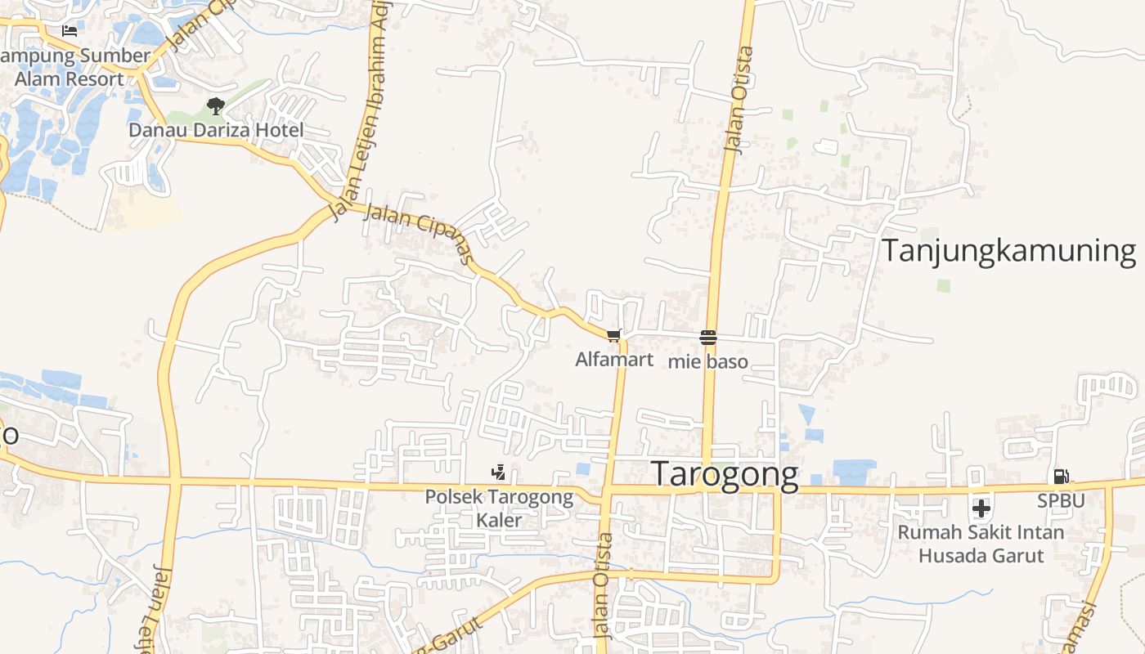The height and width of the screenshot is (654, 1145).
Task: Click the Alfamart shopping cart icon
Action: (x=614, y=335)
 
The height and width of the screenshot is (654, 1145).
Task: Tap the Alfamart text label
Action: (x=614, y=359)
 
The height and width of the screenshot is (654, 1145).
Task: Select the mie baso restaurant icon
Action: (x=708, y=338)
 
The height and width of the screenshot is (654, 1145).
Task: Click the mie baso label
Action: (x=708, y=361)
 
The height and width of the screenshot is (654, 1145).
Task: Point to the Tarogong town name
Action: (x=725, y=475)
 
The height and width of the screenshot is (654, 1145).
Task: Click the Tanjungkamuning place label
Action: (x=1009, y=251)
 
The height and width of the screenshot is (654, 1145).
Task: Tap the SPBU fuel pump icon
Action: (x=1061, y=476)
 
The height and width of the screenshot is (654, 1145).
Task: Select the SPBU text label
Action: (x=1061, y=499)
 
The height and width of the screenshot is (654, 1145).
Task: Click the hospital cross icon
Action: (x=981, y=508)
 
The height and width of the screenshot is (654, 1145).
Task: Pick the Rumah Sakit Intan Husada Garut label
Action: (x=981, y=544)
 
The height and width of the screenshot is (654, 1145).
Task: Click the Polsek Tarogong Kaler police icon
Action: (x=498, y=473)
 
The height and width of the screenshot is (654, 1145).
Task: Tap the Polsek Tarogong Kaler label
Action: (x=499, y=508)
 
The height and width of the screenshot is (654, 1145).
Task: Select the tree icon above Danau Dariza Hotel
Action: (x=216, y=105)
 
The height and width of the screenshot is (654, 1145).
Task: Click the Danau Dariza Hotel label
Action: (x=216, y=130)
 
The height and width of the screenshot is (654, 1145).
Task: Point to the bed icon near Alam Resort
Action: (x=70, y=31)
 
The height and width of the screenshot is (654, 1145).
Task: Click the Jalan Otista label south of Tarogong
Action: (x=604, y=585)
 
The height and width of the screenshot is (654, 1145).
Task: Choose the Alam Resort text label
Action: (x=70, y=79)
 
